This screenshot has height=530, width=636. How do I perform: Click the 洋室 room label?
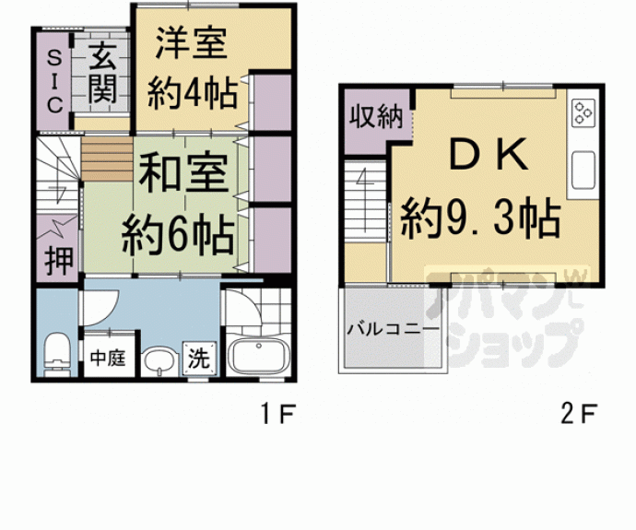coord(191,43)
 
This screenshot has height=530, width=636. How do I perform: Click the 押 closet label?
coord(57,258)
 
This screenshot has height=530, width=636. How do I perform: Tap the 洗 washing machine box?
coord(197,357)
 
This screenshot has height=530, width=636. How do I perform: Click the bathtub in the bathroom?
coord(258,356)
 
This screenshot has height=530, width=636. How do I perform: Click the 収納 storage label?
coord(374,117)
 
